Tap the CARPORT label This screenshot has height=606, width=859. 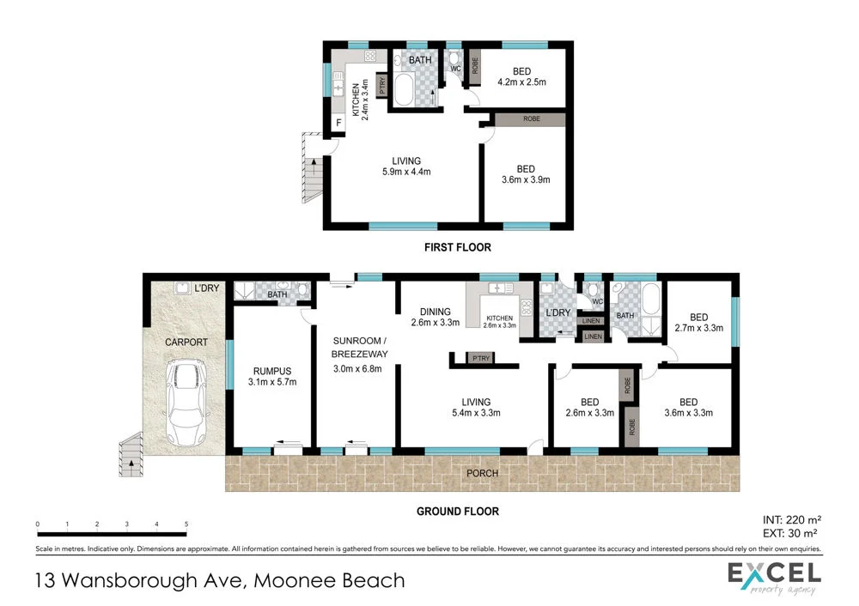click(x=186, y=342)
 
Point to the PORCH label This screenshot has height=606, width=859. click(x=481, y=473)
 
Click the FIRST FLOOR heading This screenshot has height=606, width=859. click(x=457, y=247)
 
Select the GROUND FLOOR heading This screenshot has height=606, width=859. click(x=457, y=512)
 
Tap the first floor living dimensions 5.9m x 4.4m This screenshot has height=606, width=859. click(x=406, y=172)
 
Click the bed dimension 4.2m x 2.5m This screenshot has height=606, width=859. click(x=521, y=83)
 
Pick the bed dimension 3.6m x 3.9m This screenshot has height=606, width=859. click(x=525, y=180)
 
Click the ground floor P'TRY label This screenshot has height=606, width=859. click(x=478, y=358)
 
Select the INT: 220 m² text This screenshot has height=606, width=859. click(x=792, y=519)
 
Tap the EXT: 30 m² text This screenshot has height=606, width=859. click(x=792, y=533)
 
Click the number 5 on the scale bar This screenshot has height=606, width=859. click(x=186, y=524)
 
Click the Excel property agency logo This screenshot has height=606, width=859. click(x=774, y=577)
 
